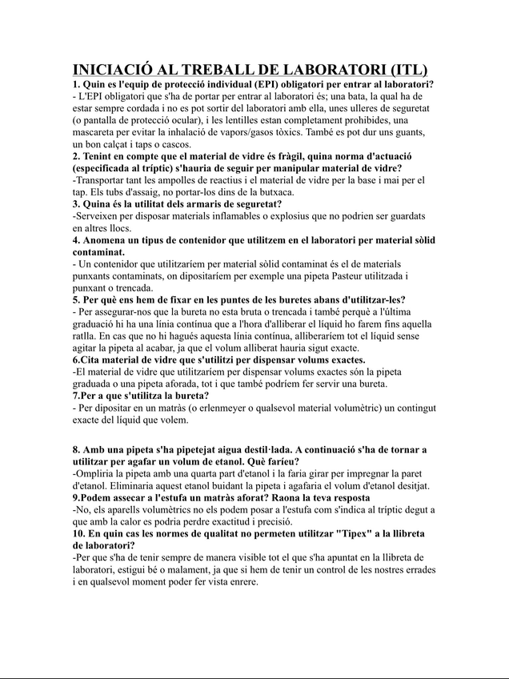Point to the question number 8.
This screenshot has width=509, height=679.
tap(76, 449)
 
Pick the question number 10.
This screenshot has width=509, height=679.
tap(78, 533)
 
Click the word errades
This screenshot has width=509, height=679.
tap(419, 570)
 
